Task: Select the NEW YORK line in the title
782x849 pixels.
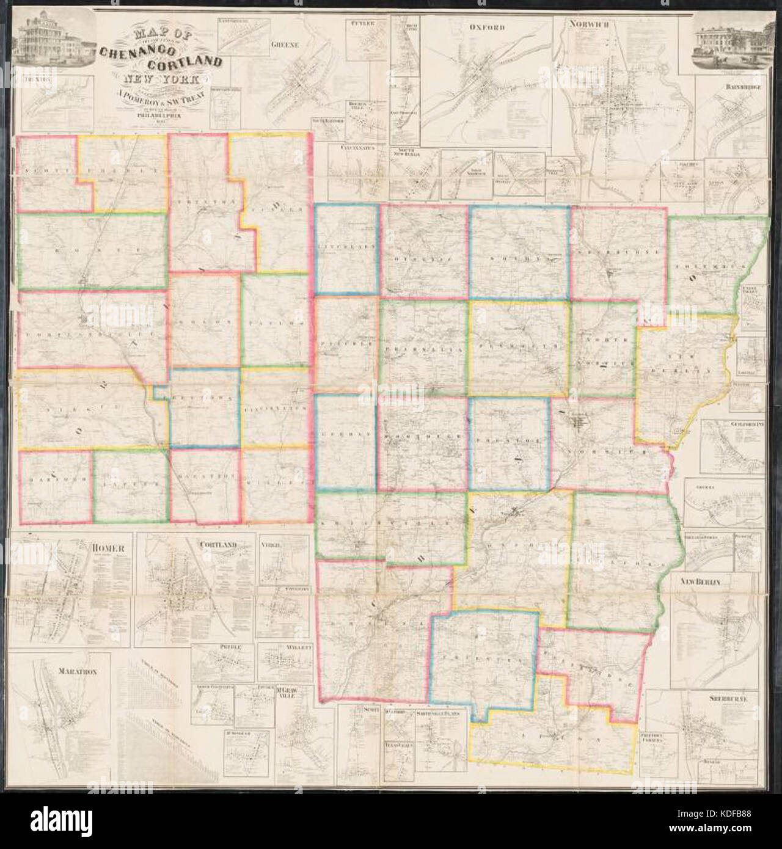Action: (150, 79)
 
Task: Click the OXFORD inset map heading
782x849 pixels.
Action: (486, 27)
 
